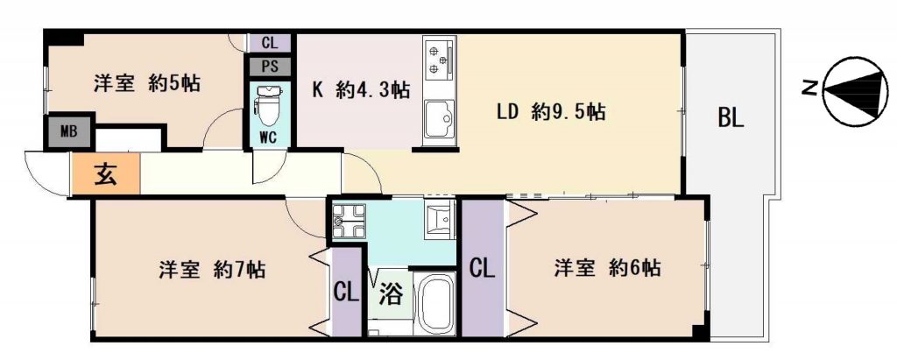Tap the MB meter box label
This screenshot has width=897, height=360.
click(x=68, y=134)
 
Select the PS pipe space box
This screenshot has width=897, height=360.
click(x=269, y=66)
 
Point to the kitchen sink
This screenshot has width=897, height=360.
click(x=440, y=119)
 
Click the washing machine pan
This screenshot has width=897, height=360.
click(x=349, y=221)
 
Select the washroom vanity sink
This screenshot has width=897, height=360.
click(x=440, y=220)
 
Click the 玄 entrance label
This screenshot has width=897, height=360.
click(x=105, y=173)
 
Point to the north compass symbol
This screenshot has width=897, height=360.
click(x=855, y=90)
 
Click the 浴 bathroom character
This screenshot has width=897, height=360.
click(x=392, y=294)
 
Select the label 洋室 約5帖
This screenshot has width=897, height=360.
click(x=146, y=84)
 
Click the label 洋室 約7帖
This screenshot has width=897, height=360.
click(x=211, y=268)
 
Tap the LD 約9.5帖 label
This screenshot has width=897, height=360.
click(x=550, y=111)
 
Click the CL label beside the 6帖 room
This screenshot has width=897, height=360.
click(x=483, y=268)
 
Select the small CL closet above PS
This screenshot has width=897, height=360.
click(x=270, y=43)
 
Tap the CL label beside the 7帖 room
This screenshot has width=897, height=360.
click(x=346, y=293)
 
